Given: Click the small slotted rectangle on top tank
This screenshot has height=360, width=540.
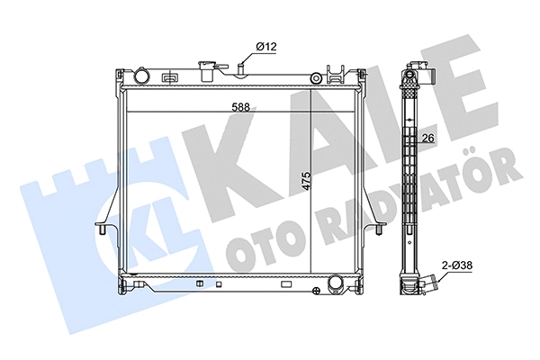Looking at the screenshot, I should pyautogui.click(x=168, y=78).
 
